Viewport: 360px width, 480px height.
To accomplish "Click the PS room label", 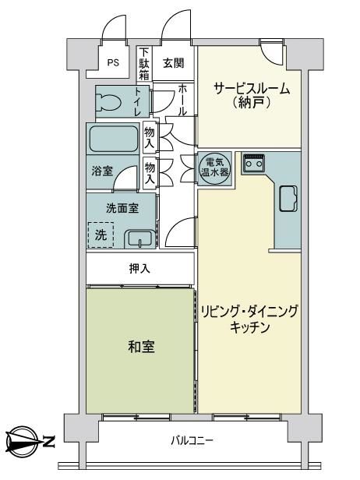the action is point(113,63).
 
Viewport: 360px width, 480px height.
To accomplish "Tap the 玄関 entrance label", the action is point(174,63).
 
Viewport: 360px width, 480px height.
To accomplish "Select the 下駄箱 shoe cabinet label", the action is point(144,64).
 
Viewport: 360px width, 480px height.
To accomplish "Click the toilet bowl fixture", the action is point(108,101).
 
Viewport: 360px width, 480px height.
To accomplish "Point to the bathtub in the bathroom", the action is point(114,139).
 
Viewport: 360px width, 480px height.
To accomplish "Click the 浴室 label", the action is point(102,171).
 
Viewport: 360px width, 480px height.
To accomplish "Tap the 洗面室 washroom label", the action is point(122,209).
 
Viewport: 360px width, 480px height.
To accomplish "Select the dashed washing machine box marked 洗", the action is point(101,235).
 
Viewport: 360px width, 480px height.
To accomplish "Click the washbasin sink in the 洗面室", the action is point(139,238).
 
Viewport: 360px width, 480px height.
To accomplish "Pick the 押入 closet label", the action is point(139,269).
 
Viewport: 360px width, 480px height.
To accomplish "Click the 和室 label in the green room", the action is point(142,347).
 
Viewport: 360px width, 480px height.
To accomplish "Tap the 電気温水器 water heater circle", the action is point(214,168).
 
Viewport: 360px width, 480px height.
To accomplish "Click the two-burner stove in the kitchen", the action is point(254,162).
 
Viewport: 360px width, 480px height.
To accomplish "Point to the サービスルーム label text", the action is point(252,89).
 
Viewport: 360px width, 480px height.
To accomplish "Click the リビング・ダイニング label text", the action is point(249,312).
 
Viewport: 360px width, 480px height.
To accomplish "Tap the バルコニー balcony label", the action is point(192,441).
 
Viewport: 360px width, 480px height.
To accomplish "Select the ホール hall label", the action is point(182,100).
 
